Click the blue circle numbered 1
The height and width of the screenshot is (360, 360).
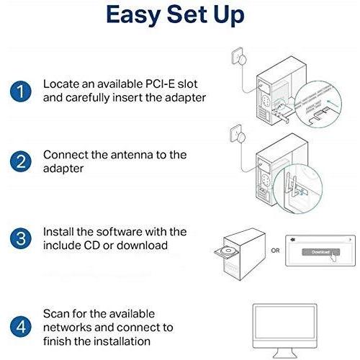[21, 91]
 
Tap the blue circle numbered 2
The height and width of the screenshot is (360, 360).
[21, 161]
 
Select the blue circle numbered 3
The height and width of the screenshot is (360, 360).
[21, 238]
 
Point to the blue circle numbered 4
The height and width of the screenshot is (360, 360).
[21, 327]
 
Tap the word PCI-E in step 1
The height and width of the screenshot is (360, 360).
[160, 84]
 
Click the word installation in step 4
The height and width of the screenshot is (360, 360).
[122, 341]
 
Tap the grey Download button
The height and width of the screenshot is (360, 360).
[320, 252]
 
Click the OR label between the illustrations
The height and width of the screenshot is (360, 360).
[275, 251]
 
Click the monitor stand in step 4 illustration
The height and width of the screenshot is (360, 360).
[285, 354]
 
